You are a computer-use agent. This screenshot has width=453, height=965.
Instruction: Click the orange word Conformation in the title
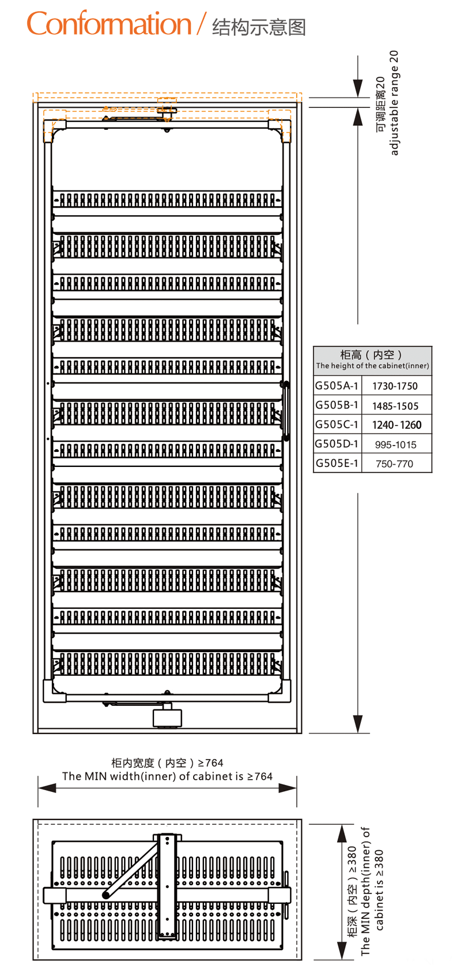pyautogui.click(x=108, y=25)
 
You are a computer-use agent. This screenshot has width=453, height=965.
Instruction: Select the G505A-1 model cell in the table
pyautogui.click(x=337, y=386)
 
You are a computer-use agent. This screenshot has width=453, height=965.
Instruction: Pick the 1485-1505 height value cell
pyautogui.click(x=395, y=406)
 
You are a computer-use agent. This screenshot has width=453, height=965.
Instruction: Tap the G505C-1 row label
pyautogui.click(x=337, y=425)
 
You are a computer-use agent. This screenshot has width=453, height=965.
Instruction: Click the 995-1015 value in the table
pyautogui.click(x=395, y=444)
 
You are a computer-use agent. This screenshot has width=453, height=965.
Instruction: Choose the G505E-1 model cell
pyautogui.click(x=337, y=463)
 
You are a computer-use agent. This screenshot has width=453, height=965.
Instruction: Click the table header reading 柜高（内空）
pyautogui.click(x=372, y=354)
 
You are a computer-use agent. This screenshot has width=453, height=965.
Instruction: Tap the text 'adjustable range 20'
pyautogui.click(x=394, y=103)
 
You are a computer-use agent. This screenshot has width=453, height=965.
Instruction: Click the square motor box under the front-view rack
pyautogui.click(x=167, y=717)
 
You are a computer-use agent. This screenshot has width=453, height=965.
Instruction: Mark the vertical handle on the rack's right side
pyautogui.click(x=286, y=410)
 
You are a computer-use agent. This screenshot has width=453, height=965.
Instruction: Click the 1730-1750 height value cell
pyautogui.click(x=395, y=386)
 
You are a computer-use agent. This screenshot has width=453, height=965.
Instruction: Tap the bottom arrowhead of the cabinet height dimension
pyautogui.click(x=358, y=723)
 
